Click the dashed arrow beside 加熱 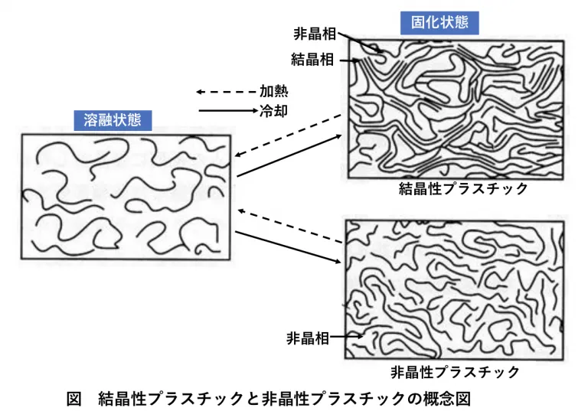point(226,92)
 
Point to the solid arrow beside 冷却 point(227,111)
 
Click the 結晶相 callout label point(312,59)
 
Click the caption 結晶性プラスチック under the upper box point(463,190)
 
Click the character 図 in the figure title point(73,398)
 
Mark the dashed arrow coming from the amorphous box point(289,225)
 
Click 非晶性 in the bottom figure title point(282,398)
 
